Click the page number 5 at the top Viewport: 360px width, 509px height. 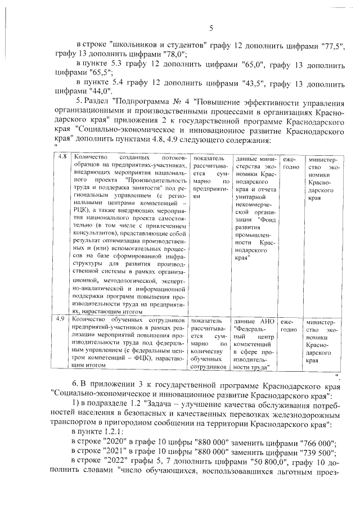point(211,29)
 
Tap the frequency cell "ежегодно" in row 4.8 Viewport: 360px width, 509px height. point(289,164)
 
